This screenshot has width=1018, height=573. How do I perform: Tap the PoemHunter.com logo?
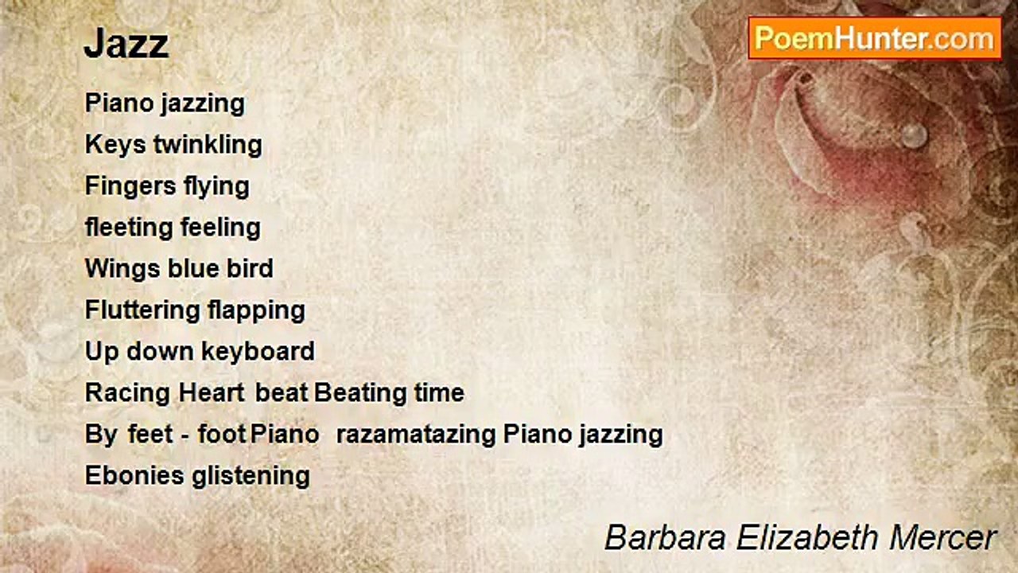[x=874, y=37]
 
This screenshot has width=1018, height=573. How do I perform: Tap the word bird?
[x=250, y=269]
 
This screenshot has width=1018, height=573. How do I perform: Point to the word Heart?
[x=212, y=393]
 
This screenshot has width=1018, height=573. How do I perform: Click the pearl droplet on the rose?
[x=914, y=134]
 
